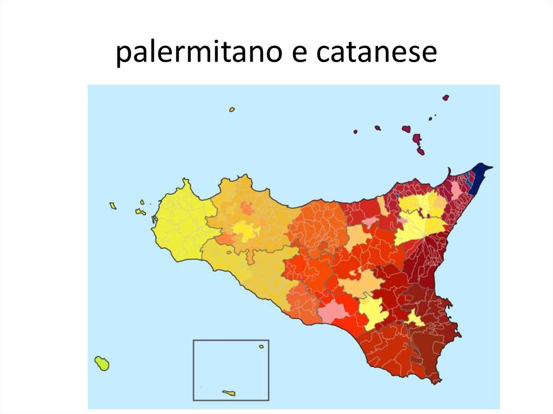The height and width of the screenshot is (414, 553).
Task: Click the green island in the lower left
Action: pos(102,363)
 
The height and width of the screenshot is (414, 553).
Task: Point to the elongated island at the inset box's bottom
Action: pos(229,393)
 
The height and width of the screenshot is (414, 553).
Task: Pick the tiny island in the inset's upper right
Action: pos(261,347)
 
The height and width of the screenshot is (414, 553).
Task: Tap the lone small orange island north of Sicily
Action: pos(232,110)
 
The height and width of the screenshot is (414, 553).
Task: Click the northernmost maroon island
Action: pos(446,98)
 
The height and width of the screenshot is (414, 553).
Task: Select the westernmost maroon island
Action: pos(355,131)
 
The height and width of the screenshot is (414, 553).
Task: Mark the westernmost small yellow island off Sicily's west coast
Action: pos(113,206)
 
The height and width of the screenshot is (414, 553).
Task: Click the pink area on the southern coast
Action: pos(335,311)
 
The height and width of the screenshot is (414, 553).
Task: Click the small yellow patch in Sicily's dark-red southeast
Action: pos(414,318)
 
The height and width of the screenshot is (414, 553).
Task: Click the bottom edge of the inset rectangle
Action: pos(231,401)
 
